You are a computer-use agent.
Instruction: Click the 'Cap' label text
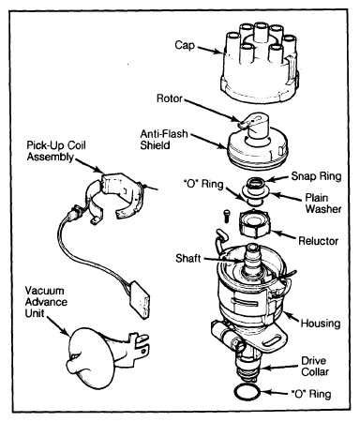point(185,46)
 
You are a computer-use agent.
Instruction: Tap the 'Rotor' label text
point(170,98)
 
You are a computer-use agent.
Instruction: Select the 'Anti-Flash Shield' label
point(164,140)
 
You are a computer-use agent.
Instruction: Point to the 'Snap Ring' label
point(316,176)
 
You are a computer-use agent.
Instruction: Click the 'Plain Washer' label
point(323,203)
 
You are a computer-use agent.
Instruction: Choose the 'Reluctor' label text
point(318,241)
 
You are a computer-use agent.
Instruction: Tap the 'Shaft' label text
point(187,259)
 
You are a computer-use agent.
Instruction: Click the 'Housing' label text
point(321,324)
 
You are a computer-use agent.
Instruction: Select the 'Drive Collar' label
point(315,367)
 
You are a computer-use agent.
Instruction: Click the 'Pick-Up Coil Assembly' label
point(56,151)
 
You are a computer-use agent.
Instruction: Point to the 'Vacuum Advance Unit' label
point(46,302)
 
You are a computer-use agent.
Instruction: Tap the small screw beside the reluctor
point(226,216)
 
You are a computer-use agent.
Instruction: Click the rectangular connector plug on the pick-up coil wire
point(140,300)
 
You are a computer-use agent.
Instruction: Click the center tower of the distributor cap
point(260,32)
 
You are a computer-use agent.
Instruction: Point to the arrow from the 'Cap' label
point(210,50)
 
